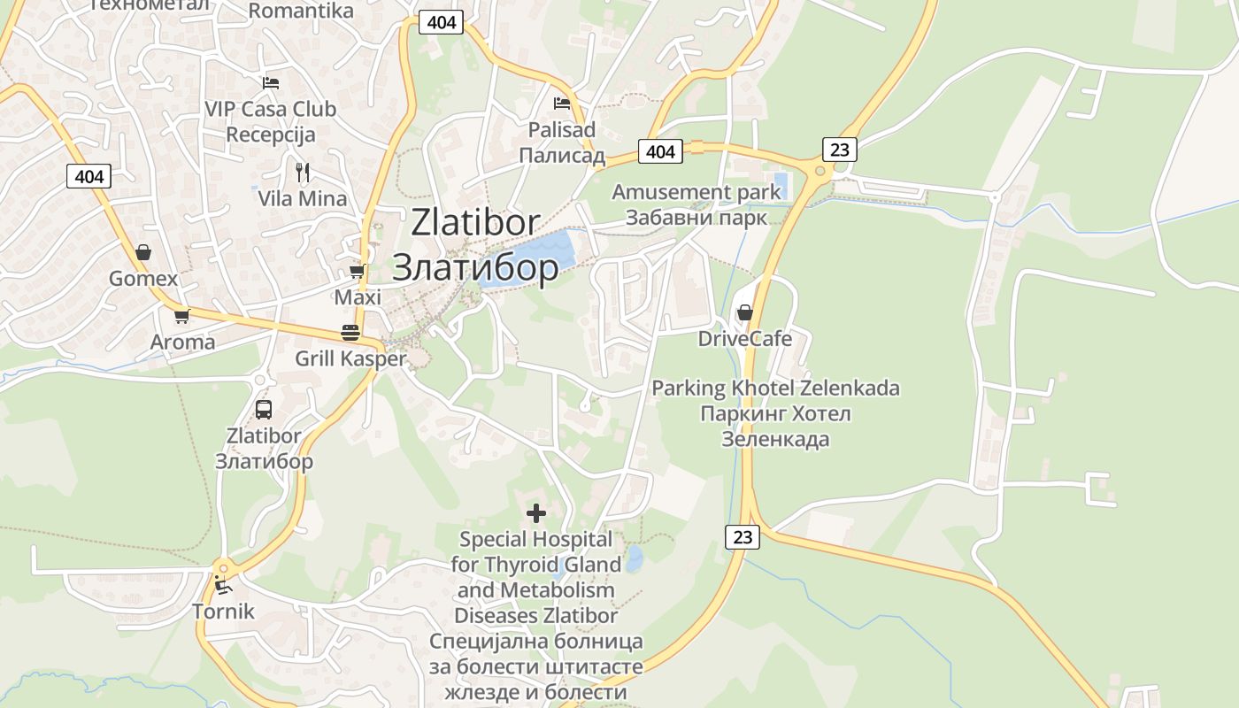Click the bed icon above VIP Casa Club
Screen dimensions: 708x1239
coord(271,83)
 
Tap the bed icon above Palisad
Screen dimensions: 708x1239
coord(562,104)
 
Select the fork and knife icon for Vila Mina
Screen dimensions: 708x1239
coord(303,172)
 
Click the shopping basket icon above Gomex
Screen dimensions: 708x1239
coord(143,253)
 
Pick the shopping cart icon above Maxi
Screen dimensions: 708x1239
coord(358,271)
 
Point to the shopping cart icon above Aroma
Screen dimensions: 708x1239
coord(182,316)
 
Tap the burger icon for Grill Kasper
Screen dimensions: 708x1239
coord(350,333)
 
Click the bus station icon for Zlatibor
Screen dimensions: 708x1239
coord(264,410)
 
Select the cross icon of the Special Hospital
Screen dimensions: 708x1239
coord(536,513)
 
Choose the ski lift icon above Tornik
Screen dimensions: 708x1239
coord(223,585)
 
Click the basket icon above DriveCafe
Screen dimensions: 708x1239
coord(745,313)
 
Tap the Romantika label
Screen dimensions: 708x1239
coord(301,12)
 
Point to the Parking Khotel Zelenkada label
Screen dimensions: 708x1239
coord(775,389)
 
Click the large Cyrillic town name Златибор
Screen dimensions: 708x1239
coord(474,267)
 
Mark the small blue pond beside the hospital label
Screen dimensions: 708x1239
coord(634,558)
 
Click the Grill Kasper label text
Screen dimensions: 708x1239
coord(350,358)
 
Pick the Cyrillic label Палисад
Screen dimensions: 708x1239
coord(562,156)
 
